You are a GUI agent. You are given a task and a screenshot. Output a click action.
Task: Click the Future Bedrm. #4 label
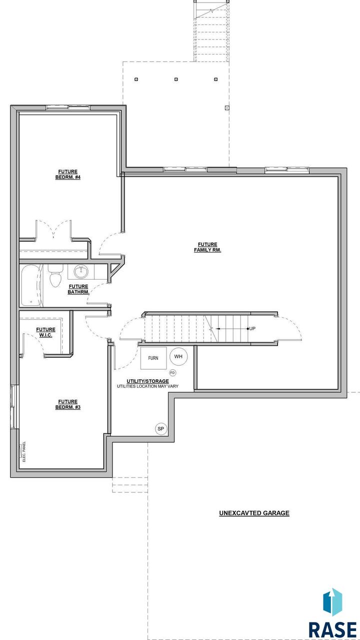pos(68,174)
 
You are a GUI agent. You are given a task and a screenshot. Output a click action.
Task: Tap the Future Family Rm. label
pos(207,247)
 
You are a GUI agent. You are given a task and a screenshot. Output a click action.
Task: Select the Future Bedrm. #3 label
pos(68,404)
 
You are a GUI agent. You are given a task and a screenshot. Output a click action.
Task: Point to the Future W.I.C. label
pos(45,332)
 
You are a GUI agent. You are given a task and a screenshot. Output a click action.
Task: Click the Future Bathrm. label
pos(78,289)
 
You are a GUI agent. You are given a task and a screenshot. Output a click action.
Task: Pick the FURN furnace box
pos(153,358)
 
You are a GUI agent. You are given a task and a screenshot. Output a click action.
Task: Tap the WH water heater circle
pos(178,356)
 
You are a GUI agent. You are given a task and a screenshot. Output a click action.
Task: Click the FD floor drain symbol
pos(172,373)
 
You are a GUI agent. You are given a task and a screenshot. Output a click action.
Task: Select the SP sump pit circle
pos(160,428)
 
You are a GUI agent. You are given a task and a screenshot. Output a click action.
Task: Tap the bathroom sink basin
pos(81,272)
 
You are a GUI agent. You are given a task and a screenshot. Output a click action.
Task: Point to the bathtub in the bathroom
pos(32,286)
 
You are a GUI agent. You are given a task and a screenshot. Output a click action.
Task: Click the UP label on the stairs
pos(252,329)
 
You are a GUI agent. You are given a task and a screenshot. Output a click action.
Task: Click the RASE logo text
pos(332,629)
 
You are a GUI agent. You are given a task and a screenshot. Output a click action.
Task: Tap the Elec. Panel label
pos(24,452)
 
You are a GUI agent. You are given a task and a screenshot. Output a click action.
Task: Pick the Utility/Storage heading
pos(147,381)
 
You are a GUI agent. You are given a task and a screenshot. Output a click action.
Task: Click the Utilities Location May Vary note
pos(147,386)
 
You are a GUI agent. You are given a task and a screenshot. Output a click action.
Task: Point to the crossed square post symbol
pos(227,108)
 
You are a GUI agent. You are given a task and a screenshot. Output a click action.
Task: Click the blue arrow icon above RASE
pos(332,601)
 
